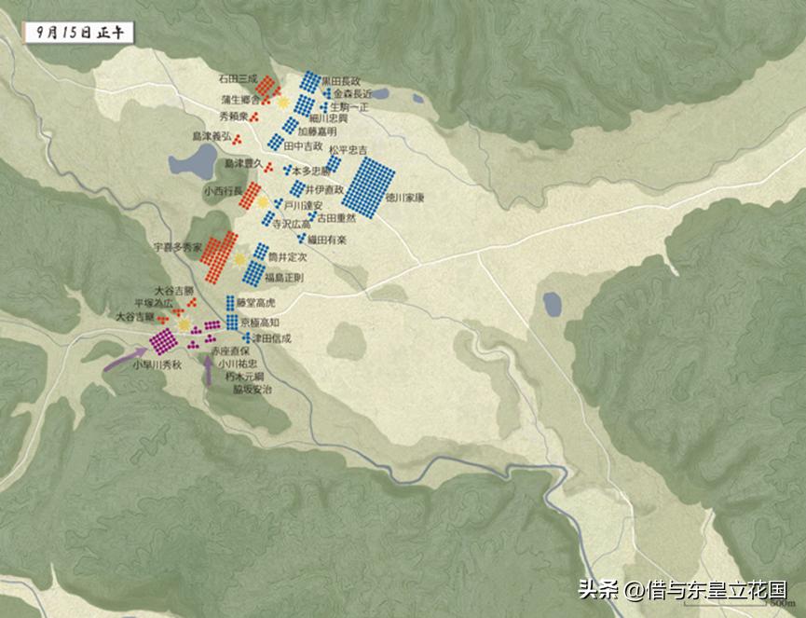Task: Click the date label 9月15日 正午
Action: (x=77, y=32)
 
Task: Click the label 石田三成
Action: (x=237, y=78)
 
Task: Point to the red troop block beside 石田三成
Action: (x=267, y=87)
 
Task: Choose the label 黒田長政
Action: (x=341, y=82)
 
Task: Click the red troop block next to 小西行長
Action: (x=251, y=194)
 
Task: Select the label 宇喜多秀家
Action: (x=177, y=248)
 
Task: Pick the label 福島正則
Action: (x=283, y=278)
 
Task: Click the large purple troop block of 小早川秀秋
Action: (x=163, y=340)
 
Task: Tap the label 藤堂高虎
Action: (x=258, y=303)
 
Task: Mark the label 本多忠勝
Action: (x=311, y=172)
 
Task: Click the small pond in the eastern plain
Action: (x=553, y=303)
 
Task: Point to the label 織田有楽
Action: (x=328, y=240)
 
